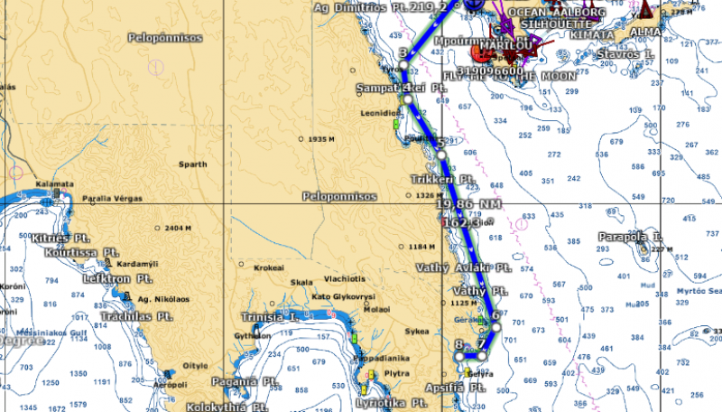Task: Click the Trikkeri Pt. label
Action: point(442,180)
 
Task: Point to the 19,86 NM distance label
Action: point(467,205)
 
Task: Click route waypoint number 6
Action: point(495,315)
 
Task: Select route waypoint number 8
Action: point(458,344)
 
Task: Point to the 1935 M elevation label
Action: point(321,139)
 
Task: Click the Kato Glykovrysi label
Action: point(343,296)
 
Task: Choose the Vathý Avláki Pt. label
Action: point(464,268)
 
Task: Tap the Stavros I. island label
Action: point(624,54)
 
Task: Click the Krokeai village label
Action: point(269,268)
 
